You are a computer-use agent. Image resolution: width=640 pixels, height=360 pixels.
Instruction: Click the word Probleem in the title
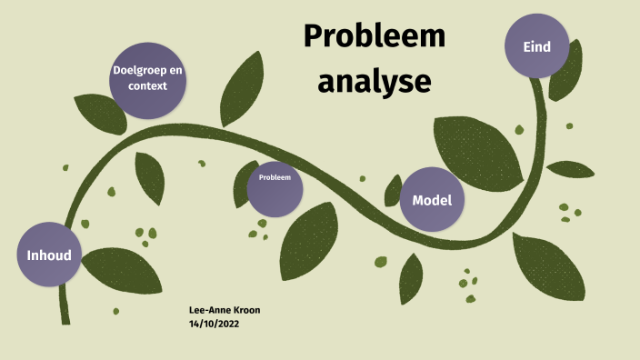pyautogui.click(x=375, y=37)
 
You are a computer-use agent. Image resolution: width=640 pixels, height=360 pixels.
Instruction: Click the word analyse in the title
pyautogui.click(x=374, y=81)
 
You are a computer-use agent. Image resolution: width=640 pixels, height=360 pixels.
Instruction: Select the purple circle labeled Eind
pyautogui.click(x=536, y=46)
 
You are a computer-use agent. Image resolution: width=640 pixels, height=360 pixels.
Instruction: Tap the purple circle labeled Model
pyautogui.click(x=432, y=199)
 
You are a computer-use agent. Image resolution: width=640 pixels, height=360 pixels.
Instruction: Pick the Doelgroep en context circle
pyautogui.click(x=149, y=79)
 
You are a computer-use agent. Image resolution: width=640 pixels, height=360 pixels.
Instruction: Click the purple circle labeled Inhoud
pyautogui.click(x=49, y=254)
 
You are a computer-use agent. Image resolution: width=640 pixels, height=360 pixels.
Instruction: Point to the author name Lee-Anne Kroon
pyautogui.click(x=224, y=310)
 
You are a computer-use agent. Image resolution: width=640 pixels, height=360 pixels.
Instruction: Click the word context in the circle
pyautogui.click(x=148, y=87)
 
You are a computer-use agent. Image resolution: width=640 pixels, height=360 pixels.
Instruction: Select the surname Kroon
pyautogui.click(x=245, y=310)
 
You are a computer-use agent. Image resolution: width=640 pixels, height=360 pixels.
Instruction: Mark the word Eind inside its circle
pyautogui.click(x=536, y=46)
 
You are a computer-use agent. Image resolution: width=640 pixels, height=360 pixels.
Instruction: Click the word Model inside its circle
pyautogui.click(x=432, y=200)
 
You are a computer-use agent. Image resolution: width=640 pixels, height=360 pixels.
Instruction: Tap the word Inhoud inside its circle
pyautogui.click(x=49, y=255)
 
